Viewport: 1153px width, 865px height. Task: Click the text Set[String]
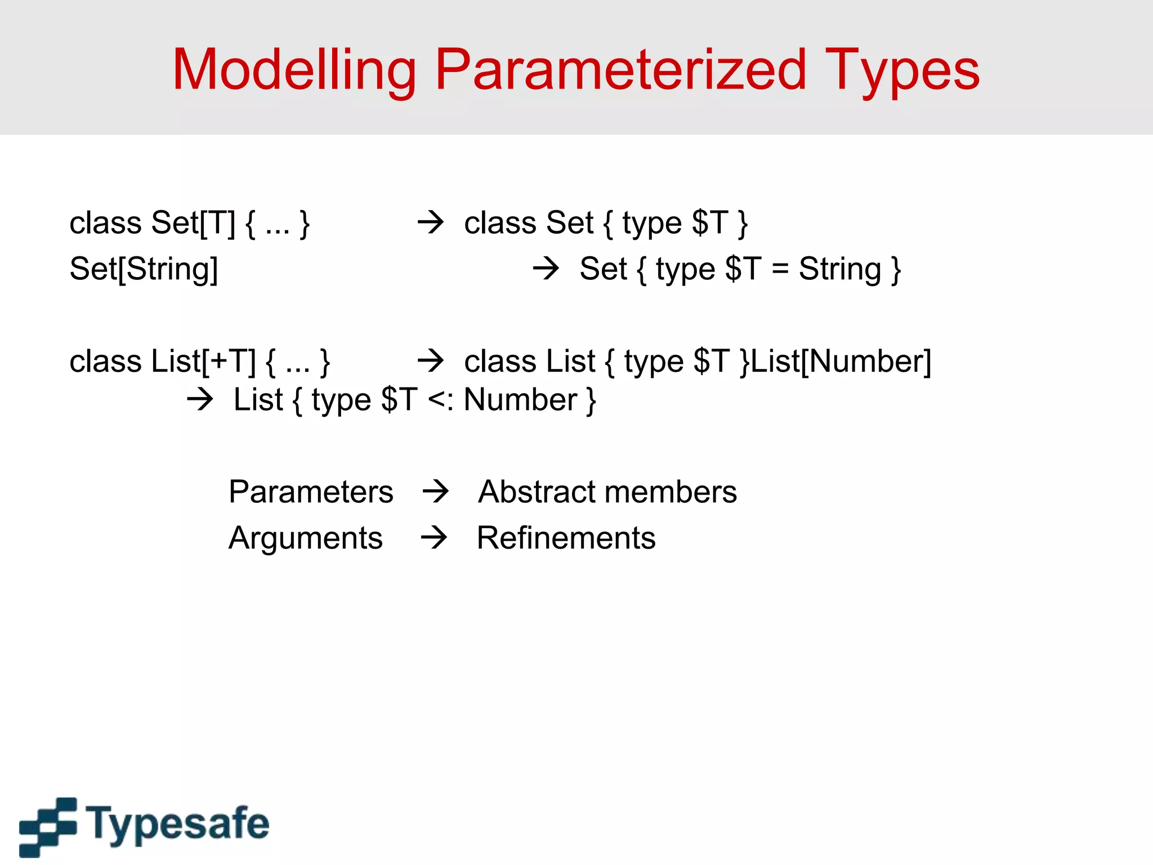(x=144, y=269)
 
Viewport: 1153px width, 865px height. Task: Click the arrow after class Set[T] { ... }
(x=431, y=222)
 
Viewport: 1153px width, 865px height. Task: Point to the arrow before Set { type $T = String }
(x=546, y=268)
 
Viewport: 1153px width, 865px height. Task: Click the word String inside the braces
(x=839, y=269)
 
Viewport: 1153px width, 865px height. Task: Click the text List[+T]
(x=203, y=362)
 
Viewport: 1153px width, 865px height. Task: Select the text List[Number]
(x=841, y=362)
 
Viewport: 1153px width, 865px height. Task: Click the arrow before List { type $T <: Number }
(x=200, y=400)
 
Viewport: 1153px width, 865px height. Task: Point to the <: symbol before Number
(x=441, y=400)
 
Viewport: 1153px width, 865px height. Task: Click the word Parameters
(x=311, y=492)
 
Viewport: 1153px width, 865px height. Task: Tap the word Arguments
(x=306, y=538)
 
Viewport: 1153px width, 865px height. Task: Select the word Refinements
(x=566, y=538)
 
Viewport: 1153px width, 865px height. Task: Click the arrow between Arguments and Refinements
(x=434, y=537)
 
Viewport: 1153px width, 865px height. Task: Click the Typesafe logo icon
(x=48, y=826)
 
